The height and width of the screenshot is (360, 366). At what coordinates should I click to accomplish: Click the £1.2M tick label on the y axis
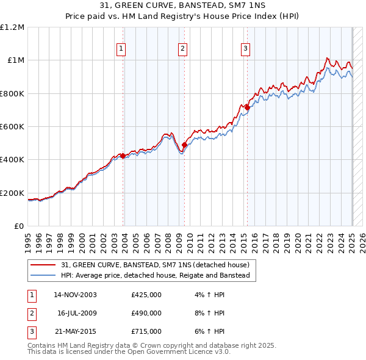point(12,27)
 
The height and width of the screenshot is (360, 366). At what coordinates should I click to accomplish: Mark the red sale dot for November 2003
point(123,156)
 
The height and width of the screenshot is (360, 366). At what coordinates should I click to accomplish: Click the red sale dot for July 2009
point(184,145)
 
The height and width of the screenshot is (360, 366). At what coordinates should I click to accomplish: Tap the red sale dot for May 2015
point(247,107)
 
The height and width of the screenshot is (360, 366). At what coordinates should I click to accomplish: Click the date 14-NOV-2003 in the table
point(75,295)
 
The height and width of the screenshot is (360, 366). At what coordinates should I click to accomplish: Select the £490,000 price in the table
point(146,313)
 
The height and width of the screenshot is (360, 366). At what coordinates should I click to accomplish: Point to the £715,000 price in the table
point(146,331)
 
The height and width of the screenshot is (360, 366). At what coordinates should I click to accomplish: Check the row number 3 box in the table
point(30,331)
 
